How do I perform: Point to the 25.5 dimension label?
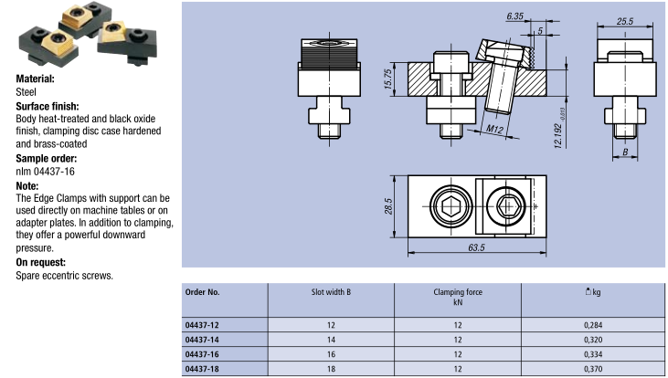coord(626,20)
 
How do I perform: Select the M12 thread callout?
coord(494,131)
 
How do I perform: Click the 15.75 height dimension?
coord(387,80)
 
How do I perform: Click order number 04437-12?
coord(202,323)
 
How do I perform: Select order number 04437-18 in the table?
coord(202,368)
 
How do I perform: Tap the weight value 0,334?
coord(594,353)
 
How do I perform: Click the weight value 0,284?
coord(594,323)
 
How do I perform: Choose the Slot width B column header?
coord(331,292)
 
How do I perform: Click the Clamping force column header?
coord(458,292)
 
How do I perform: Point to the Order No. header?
coord(203,292)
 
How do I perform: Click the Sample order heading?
coord(44,158)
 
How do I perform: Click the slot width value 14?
coord(331,339)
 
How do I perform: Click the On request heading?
coord(42,262)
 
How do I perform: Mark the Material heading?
coord(36,79)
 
